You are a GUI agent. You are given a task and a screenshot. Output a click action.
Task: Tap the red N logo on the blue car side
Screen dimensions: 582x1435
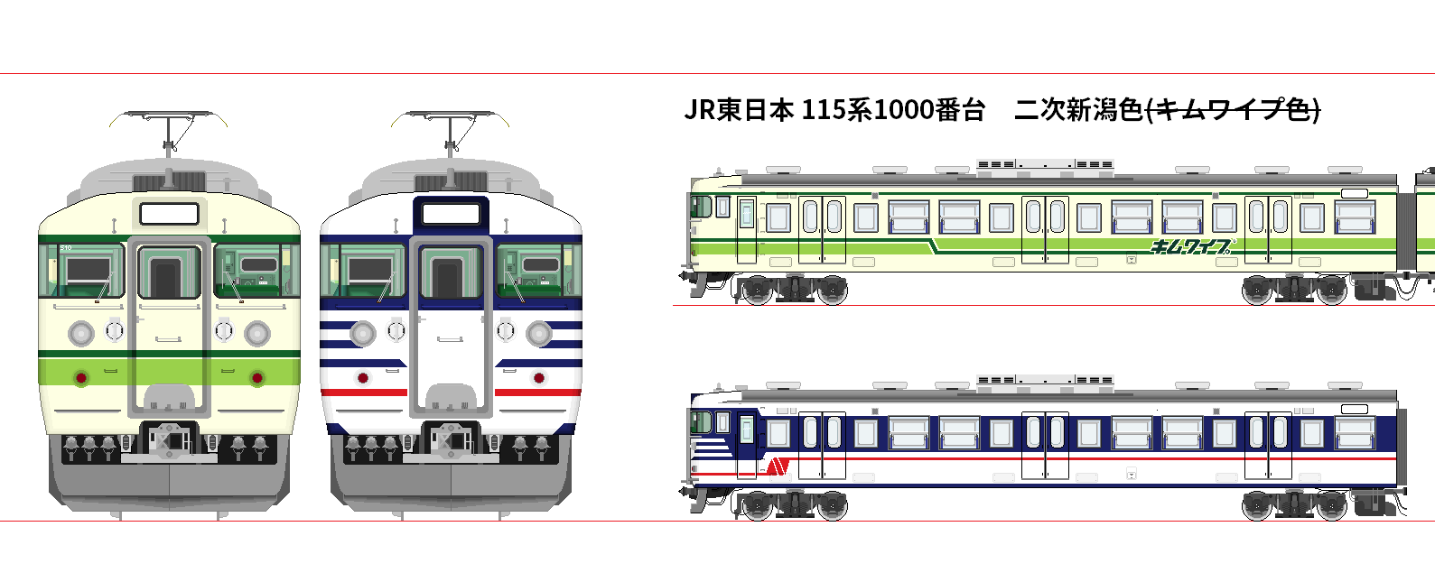pos(778,466)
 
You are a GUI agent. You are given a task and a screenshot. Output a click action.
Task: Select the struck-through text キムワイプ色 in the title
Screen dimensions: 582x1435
pos(1233,110)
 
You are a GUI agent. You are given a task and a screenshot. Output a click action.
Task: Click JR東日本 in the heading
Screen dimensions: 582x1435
pos(738,110)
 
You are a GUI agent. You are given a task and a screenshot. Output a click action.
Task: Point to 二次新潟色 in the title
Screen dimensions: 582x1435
pos(1078,110)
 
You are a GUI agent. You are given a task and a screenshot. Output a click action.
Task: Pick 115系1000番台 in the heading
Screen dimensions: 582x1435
pos(892,110)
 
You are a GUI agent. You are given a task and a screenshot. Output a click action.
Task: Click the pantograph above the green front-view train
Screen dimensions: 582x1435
pos(169,130)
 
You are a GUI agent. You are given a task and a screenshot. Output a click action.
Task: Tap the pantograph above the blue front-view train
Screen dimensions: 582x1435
pos(451,130)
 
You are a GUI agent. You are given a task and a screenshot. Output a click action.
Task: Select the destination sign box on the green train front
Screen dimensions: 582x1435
pos(169,214)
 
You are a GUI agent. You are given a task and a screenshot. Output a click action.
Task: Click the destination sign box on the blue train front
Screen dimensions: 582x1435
pos(451,214)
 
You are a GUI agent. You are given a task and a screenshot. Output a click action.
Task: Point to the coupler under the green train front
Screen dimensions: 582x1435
pos(169,440)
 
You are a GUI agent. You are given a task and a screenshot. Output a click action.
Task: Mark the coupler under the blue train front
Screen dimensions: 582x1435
pos(451,440)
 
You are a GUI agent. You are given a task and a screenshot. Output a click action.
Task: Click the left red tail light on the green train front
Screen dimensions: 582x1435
pos(81,377)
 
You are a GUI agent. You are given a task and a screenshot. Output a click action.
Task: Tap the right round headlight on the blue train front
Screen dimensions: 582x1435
pos(539,334)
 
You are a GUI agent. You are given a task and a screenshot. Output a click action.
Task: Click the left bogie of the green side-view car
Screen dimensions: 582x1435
pos(792,290)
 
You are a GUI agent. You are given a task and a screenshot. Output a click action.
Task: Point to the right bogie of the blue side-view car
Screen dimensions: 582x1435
pos(1294,504)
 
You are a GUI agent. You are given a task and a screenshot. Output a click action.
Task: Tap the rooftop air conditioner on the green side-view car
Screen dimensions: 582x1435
pos(1045,165)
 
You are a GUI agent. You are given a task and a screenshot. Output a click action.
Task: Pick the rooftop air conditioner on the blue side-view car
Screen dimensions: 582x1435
pos(1045,381)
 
